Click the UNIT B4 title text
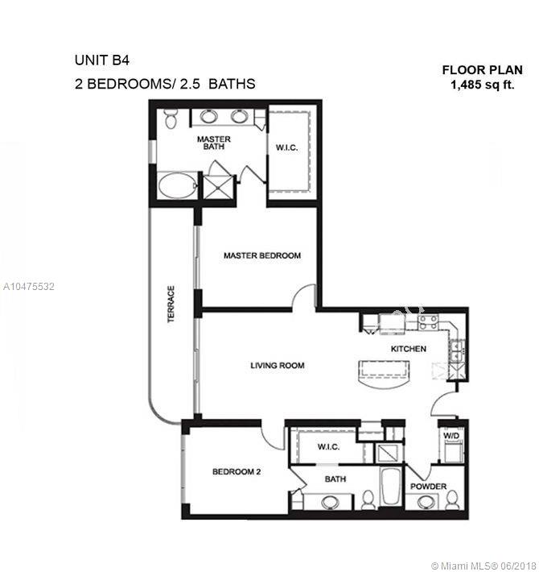[x=102, y=60]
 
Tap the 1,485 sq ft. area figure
[x=483, y=85]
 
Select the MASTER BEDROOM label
[x=262, y=255]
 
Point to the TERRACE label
[x=171, y=305]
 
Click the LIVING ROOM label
[x=278, y=365]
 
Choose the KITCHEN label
[x=408, y=349]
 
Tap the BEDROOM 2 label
[x=237, y=471]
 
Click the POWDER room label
[x=428, y=487]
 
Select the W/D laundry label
[x=451, y=436]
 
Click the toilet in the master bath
[x=170, y=118]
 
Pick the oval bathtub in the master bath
[x=177, y=185]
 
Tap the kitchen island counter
[x=384, y=374]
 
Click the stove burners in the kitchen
[x=428, y=322]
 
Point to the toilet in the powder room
[x=452, y=499]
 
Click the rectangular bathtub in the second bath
[x=390, y=487]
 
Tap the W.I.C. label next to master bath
[x=286, y=147]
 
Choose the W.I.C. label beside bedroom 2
[x=328, y=447]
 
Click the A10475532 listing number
[x=29, y=286]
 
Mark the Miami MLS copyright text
[x=485, y=566]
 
